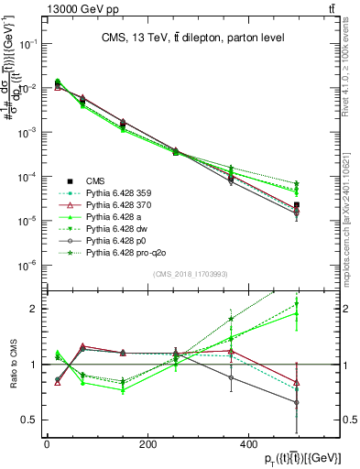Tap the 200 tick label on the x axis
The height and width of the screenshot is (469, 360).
[x=148, y=444]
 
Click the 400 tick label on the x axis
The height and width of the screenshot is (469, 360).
[x=249, y=444]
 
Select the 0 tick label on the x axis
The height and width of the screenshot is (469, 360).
[x=48, y=444]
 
